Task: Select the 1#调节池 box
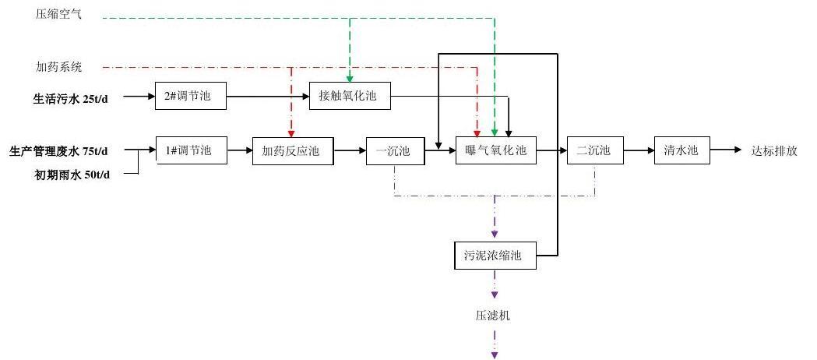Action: pyautogui.click(x=192, y=150)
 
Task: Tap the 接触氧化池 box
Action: pyautogui.click(x=349, y=97)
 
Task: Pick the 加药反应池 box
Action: pyautogui.click(x=292, y=150)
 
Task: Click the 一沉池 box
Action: pyautogui.click(x=395, y=150)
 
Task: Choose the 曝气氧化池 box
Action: pyautogui.click(x=496, y=150)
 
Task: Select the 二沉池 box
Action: pyautogui.click(x=595, y=150)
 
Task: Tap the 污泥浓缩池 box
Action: pyautogui.click(x=495, y=256)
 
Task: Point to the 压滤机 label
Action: pyautogui.click(x=494, y=316)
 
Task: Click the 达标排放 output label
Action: pyautogui.click(x=774, y=150)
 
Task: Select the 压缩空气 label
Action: pyautogui.click(x=58, y=15)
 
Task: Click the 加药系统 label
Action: pyautogui.click(x=58, y=67)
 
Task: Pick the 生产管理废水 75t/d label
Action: pyautogui.click(x=59, y=150)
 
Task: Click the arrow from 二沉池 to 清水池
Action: pyautogui.click(x=638, y=150)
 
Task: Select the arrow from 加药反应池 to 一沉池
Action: pyautogui.click(x=350, y=150)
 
